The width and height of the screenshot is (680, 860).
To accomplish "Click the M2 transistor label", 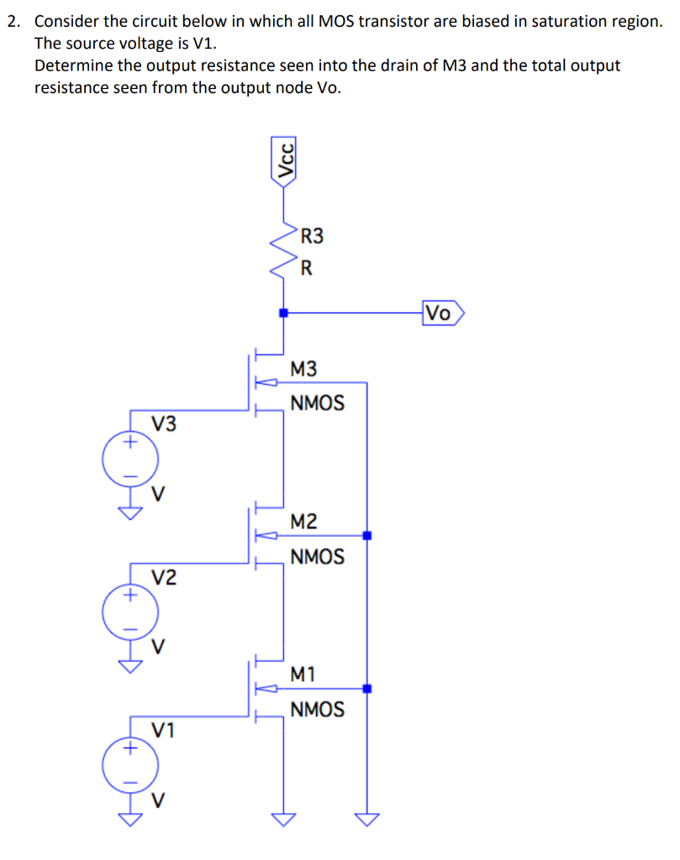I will pos(303,522).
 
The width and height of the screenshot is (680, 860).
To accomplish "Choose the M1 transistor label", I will pos(303,674).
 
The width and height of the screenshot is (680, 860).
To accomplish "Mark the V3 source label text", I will pos(164,423).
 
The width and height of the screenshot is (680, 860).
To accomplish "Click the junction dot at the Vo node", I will pos(285,313).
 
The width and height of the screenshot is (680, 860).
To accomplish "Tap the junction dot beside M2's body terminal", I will pos(367,535).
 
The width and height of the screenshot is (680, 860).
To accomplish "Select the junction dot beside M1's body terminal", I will pos(367,689).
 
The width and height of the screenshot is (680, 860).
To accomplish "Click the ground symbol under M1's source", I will pos(285,820).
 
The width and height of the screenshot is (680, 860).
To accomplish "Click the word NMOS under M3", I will pos(317,403).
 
